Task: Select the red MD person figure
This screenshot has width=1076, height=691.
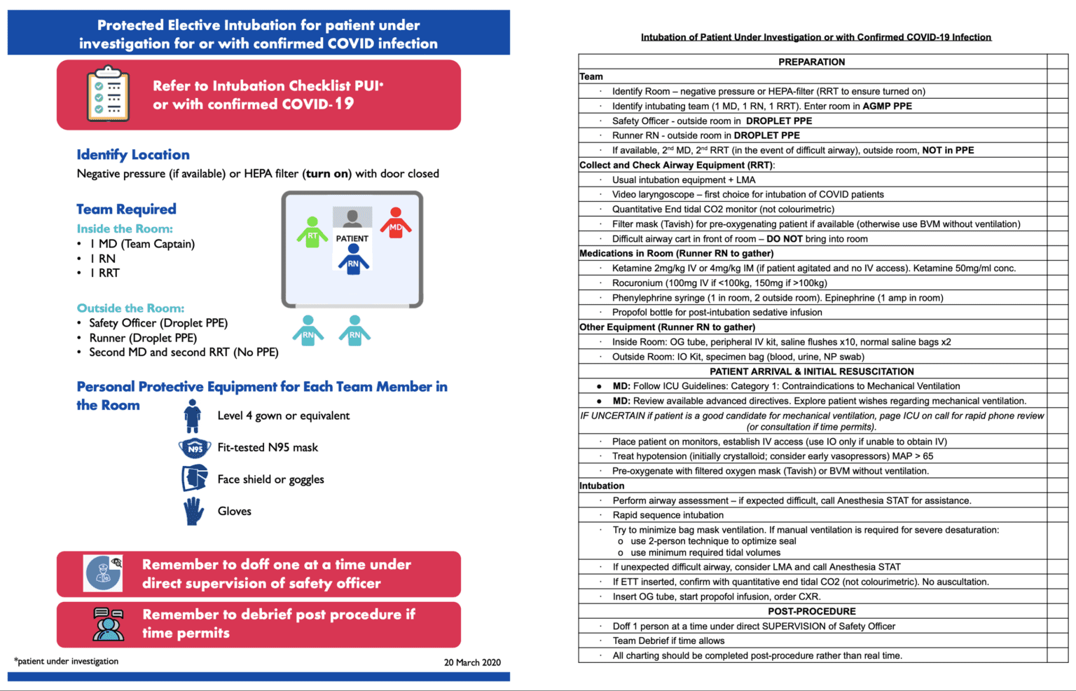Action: tap(396, 224)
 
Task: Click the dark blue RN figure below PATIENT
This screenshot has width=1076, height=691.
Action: tap(353, 260)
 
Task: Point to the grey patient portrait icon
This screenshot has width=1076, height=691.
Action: tap(352, 218)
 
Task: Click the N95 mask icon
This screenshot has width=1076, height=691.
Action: tap(195, 448)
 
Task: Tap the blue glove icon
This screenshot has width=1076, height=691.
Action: tap(193, 512)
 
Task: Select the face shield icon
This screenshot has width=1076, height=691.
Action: tap(195, 479)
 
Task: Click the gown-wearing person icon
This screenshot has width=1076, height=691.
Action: tap(193, 416)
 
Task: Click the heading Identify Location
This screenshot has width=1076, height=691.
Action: tap(133, 155)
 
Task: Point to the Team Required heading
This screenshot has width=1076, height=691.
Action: tap(126, 209)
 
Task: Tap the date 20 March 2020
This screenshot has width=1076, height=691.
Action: tap(472, 662)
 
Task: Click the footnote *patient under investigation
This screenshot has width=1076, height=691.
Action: tap(67, 661)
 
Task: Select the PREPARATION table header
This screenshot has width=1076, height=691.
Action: tap(811, 62)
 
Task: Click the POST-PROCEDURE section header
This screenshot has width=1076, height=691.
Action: tap(811, 611)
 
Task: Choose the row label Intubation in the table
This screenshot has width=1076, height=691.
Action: tap(602, 486)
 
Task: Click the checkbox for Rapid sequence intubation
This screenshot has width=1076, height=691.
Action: tap(1057, 515)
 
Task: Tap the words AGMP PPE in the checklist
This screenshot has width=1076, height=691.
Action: tap(887, 107)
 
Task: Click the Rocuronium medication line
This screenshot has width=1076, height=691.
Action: tap(719, 283)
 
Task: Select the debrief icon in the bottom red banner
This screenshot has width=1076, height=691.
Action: tap(108, 624)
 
